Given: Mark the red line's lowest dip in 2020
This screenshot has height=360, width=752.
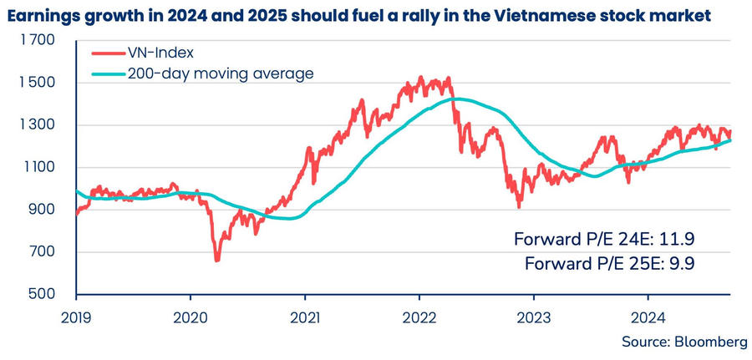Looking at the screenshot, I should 217,261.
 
